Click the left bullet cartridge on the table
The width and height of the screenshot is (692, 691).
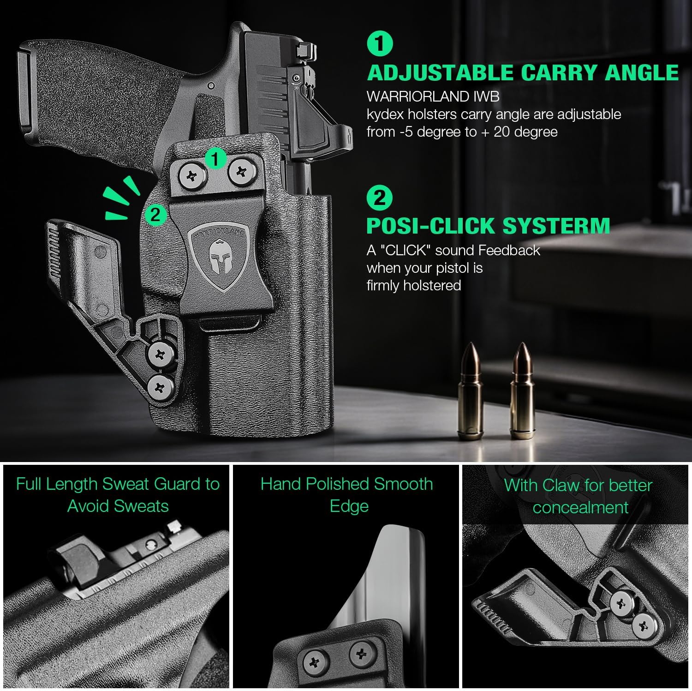(470, 392)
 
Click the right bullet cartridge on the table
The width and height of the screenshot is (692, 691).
(522, 392)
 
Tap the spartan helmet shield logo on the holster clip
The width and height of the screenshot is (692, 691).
(218, 258)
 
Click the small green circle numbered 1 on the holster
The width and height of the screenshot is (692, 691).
(215, 159)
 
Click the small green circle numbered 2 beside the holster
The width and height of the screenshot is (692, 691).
(155, 215)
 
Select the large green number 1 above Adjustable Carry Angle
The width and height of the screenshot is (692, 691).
(380, 44)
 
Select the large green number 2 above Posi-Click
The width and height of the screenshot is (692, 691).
(380, 198)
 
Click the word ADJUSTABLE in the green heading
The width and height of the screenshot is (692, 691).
(440, 73)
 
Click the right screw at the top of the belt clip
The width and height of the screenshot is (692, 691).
(241, 173)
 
